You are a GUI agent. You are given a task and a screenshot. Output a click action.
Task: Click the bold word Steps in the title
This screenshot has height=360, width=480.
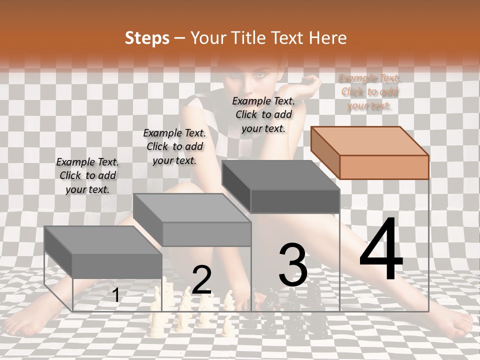146,38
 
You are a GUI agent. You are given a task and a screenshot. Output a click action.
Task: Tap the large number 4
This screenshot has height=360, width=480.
381,250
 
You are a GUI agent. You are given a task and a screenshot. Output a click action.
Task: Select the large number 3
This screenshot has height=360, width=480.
292,265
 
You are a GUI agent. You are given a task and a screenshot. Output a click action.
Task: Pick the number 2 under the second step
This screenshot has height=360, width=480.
201,280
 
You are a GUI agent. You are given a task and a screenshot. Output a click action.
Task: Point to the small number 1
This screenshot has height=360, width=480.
116,295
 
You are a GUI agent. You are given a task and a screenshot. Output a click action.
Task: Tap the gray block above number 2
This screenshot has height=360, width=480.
192,220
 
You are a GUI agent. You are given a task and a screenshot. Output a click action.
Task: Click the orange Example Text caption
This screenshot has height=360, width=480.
369,91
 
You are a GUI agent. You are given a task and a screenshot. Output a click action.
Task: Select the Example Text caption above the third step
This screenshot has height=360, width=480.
263,114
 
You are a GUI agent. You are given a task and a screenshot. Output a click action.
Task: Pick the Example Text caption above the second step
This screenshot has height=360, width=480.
174,146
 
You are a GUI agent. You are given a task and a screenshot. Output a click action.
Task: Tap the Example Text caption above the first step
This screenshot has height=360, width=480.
87,175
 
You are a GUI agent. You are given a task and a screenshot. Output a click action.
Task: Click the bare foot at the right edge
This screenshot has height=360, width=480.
457,327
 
